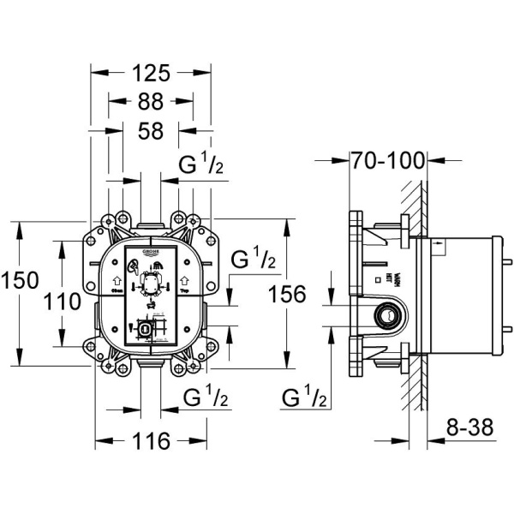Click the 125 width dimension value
[150, 73]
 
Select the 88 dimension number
[150, 102]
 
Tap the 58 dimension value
[150, 131]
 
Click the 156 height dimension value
[287, 295]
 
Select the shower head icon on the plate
[132, 269]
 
